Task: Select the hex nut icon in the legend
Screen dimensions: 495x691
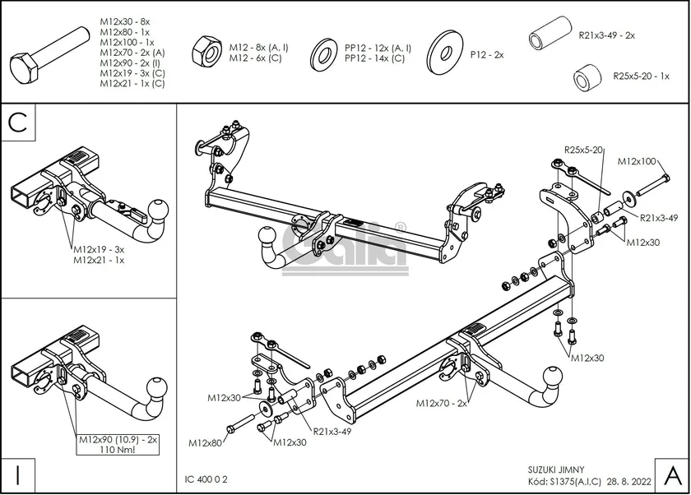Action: (204, 53)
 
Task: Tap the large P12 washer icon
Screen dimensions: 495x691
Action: (443, 52)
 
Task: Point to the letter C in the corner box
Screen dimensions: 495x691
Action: (19, 123)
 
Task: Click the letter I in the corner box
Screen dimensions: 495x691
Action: (17, 474)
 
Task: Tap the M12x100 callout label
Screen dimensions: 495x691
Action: (638, 161)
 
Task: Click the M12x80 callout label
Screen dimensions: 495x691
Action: (206, 443)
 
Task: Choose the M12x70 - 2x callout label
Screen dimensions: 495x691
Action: (442, 403)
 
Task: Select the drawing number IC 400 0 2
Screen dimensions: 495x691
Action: (206, 479)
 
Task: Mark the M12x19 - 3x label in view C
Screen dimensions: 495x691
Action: (98, 249)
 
